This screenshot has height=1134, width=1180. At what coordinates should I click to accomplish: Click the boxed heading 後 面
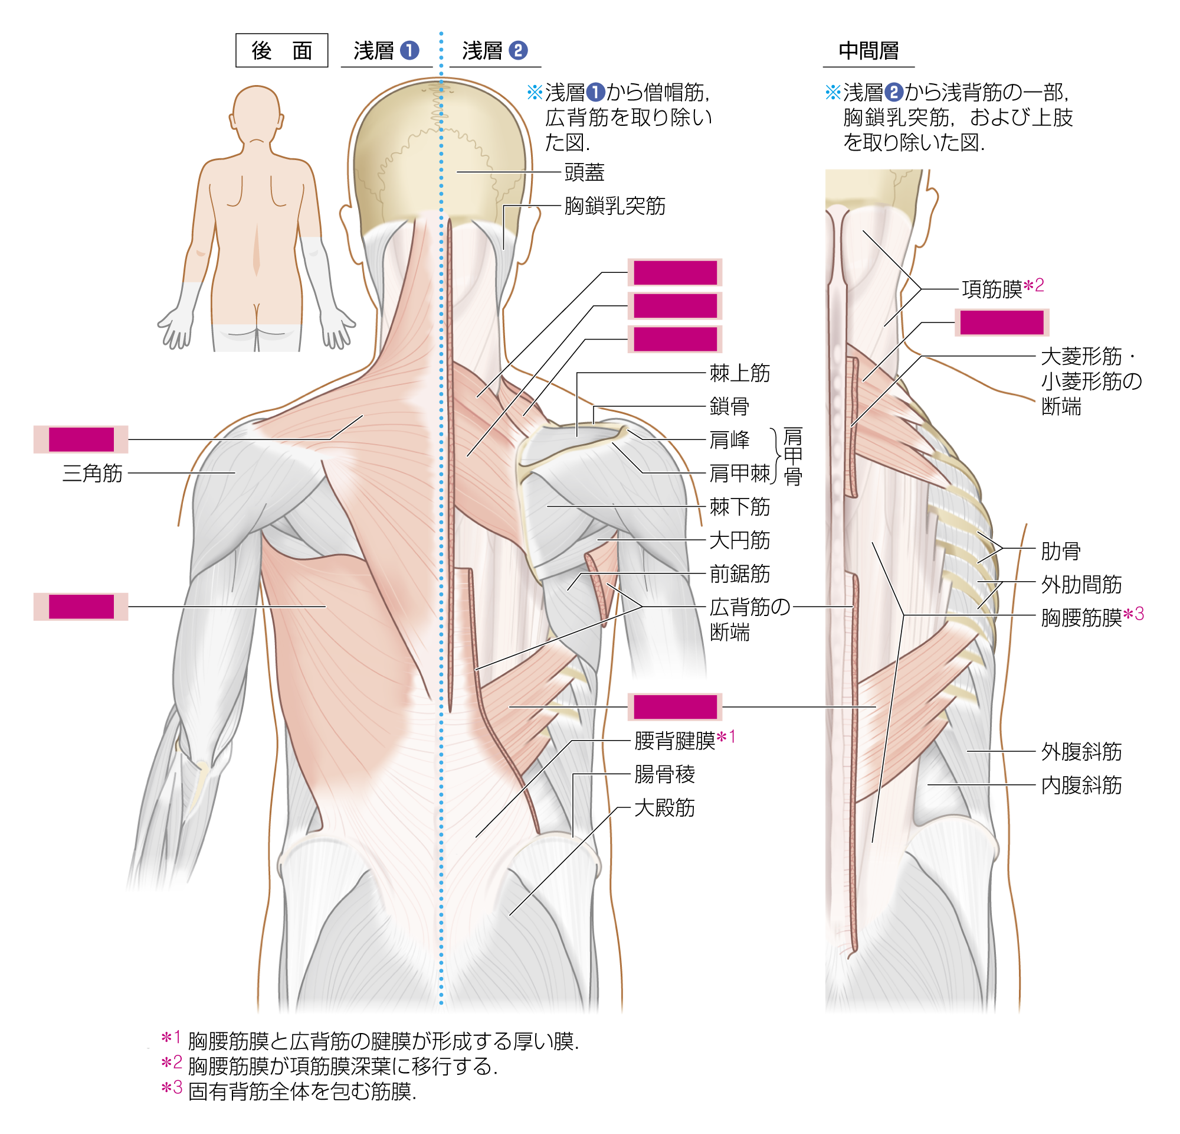point(281,51)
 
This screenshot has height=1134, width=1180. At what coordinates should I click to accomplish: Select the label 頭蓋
point(584,173)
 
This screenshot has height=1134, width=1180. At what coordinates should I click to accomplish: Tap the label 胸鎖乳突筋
point(615,206)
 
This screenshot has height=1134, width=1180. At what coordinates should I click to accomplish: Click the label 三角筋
point(92,474)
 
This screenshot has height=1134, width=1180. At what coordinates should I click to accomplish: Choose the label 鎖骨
point(729,407)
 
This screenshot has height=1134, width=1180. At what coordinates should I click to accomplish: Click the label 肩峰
point(729,441)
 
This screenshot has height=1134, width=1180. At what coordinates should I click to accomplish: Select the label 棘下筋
point(739,507)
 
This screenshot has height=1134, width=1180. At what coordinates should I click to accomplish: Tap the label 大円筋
point(739,540)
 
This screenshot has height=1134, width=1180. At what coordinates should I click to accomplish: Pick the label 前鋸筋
point(739,574)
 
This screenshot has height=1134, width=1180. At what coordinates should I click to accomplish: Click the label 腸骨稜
point(664,775)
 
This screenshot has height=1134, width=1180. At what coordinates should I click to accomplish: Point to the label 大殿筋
point(664,808)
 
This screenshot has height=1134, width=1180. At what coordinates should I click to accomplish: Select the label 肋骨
point(1061,551)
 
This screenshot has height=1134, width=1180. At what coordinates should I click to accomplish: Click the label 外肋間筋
point(1081,585)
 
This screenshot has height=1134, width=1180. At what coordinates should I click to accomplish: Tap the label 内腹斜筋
point(1081,786)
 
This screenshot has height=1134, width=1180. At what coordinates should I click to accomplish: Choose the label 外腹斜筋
point(1081,752)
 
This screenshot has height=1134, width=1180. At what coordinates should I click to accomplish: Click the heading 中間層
point(868,51)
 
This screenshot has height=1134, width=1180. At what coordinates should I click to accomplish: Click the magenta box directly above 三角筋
point(81,440)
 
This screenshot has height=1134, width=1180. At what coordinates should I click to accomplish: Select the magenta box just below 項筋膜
point(1002,323)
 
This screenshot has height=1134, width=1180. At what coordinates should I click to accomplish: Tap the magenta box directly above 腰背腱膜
point(675,708)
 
